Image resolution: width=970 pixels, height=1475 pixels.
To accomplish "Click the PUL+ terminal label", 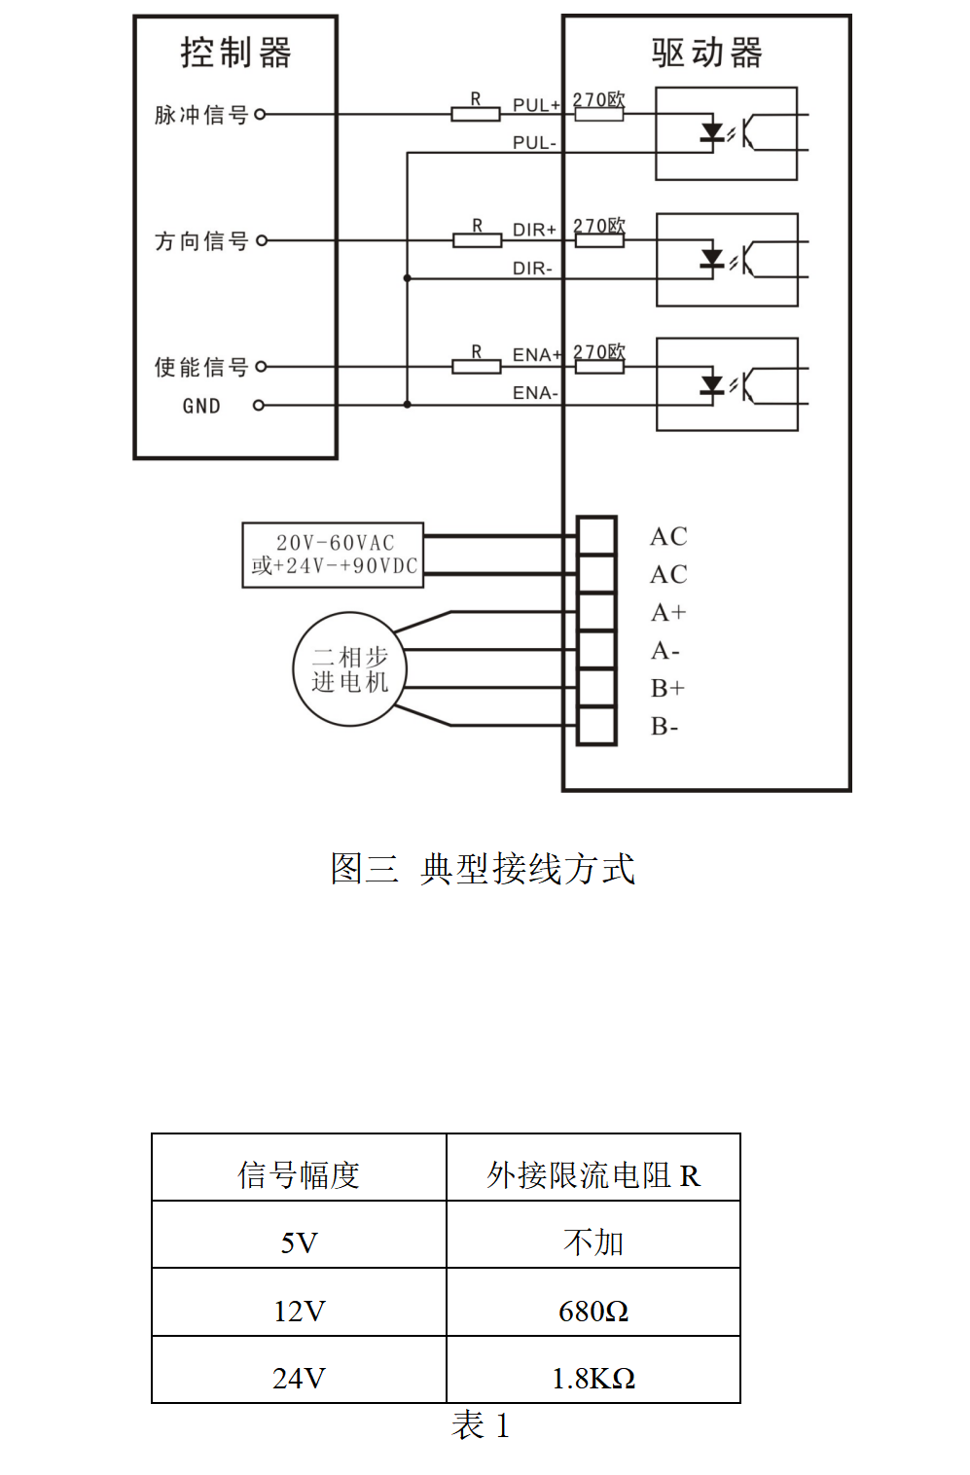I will [536, 105].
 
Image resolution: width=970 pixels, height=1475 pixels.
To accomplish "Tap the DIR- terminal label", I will [532, 269].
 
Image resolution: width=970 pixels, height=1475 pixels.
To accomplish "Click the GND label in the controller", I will [201, 406].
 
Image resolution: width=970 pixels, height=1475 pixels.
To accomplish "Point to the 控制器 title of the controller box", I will [235, 53].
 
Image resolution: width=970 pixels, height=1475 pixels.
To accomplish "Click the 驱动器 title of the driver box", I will [706, 53].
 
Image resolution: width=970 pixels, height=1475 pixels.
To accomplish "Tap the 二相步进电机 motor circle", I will [349, 669].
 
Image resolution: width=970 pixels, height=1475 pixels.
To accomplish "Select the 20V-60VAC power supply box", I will [333, 555].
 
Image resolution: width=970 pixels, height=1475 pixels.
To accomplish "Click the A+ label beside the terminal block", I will [668, 613].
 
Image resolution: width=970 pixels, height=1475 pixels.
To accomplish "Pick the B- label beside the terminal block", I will [665, 727].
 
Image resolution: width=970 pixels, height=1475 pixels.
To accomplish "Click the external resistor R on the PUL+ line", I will [476, 114].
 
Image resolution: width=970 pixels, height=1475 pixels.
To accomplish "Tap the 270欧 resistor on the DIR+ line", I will [599, 239].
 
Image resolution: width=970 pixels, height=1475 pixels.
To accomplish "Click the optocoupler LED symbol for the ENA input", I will [712, 384].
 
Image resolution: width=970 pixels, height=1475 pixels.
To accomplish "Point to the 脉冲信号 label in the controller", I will [201, 115].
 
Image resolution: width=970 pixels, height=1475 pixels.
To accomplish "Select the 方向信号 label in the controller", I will [201, 240].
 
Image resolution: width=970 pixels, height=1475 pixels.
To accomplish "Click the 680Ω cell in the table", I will [593, 1312].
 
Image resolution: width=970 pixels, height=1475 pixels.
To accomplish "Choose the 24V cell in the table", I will [299, 1379].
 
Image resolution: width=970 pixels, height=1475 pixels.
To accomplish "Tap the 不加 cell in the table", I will [593, 1242].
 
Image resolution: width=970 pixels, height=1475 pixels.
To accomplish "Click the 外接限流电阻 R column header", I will [593, 1175].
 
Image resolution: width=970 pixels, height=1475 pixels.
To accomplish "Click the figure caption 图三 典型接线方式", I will [483, 869].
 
